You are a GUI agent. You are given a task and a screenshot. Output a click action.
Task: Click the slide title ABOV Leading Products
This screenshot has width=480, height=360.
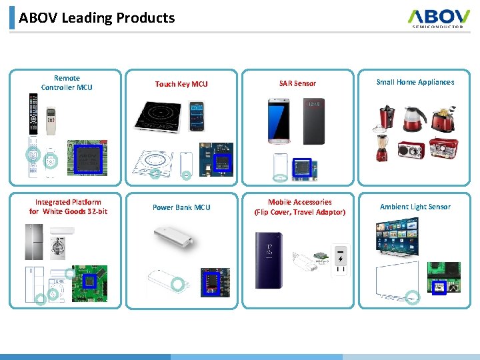coord(97,18)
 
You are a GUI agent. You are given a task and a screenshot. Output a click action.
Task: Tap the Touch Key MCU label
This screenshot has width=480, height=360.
coord(181,84)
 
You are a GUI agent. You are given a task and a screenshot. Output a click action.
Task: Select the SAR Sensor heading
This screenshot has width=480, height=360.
coord(297,83)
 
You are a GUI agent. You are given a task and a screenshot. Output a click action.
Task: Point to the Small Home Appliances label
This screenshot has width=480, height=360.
coord(415,82)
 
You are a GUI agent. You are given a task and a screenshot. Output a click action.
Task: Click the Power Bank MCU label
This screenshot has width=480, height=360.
coord(181,207)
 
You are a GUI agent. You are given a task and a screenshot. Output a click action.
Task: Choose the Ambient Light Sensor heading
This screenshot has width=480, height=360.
coord(415,207)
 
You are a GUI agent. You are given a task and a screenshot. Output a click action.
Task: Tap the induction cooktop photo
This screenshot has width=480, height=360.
coord(158,116)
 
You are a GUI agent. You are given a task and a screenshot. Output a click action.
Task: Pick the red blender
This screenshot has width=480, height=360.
coord(382,146)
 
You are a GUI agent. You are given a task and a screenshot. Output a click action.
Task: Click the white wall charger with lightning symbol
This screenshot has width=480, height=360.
coord(340,259)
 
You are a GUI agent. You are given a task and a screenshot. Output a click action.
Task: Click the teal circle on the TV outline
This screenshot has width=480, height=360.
coord(413,298)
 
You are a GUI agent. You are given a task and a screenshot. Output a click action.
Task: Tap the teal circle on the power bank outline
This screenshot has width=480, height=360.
coord(177,285)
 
